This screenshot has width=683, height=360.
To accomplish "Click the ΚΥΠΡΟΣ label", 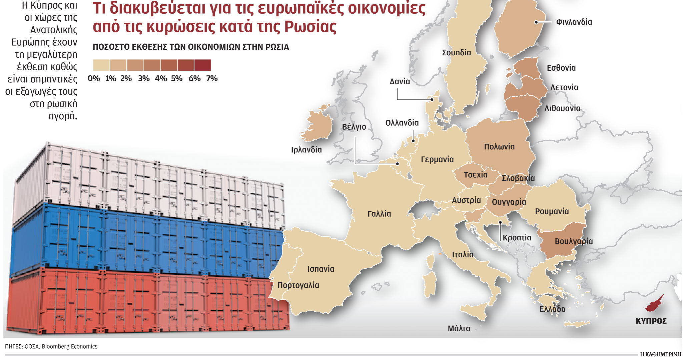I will (651, 321).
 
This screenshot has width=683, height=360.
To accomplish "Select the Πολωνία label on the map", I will (499, 147).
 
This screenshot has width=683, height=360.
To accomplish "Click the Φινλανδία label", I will (574, 22).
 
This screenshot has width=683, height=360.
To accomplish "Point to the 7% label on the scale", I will (212, 79).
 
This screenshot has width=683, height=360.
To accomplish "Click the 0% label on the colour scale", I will (94, 79).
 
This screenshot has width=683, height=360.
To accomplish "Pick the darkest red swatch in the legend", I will (202, 65).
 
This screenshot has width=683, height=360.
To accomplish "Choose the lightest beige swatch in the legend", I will (101, 65).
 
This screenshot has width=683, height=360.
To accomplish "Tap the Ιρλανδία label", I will (306, 150).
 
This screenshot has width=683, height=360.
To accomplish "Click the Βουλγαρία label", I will (574, 241).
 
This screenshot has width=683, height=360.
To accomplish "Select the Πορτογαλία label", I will (298, 285).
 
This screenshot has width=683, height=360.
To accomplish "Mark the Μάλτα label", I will (459, 329).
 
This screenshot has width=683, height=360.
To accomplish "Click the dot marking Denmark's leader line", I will (432, 99).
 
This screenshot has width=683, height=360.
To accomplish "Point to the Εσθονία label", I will (561, 68).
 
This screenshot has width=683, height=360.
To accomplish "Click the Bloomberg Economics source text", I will (69, 347).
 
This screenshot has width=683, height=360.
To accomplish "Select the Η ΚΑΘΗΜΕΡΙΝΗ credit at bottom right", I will (660, 354).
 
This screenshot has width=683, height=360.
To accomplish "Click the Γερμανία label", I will (437, 160).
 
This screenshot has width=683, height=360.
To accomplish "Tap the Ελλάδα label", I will (552, 309).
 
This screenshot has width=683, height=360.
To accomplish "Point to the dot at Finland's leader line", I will (536, 22).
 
